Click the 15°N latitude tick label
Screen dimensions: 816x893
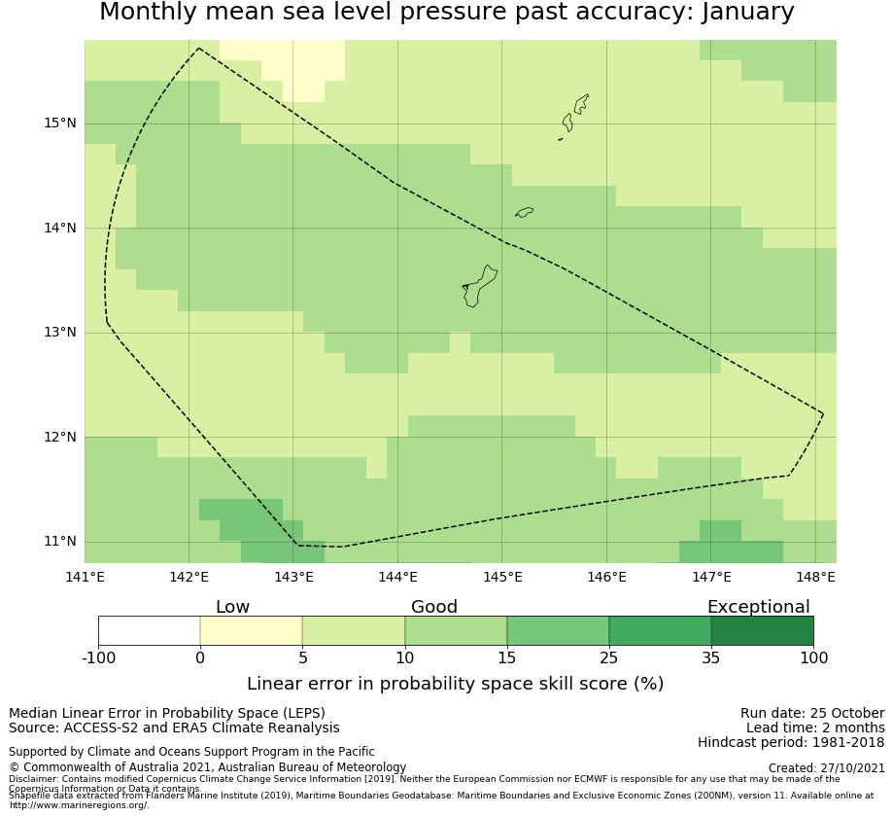(x=59, y=124)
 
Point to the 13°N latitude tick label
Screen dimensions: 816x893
(x=59, y=333)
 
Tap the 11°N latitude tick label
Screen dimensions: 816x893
(x=59, y=542)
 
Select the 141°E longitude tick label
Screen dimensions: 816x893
(x=85, y=577)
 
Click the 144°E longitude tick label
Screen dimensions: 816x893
(x=397, y=577)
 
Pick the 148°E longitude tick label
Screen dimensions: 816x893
(x=815, y=577)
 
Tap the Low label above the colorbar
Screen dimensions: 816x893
(x=232, y=607)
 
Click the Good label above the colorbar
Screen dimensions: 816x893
(x=433, y=607)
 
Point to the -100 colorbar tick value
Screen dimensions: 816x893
(x=98, y=658)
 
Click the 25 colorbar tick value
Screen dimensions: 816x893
(x=609, y=658)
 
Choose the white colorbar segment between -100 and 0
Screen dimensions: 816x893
(x=149, y=630)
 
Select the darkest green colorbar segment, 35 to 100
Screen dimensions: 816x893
(x=762, y=630)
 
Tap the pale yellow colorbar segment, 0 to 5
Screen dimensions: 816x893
(x=251, y=630)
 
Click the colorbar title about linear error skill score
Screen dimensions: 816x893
(x=455, y=684)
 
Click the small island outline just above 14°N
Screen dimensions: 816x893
(x=524, y=212)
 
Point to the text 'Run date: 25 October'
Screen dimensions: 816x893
(x=811, y=713)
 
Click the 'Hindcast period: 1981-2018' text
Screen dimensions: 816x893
(x=790, y=742)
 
